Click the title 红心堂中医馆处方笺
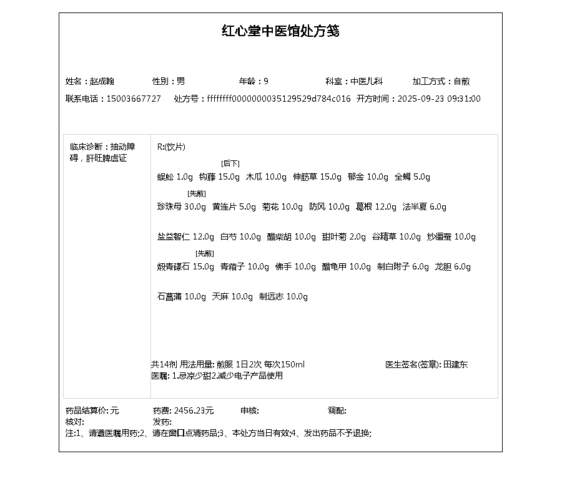280,31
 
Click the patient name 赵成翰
102,81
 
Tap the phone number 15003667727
134,99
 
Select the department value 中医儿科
367,81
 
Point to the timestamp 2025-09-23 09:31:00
439,99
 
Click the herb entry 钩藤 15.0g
219,177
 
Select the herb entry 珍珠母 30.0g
182,206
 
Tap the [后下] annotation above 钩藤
230,163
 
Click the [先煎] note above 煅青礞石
205,253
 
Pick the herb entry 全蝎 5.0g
412,177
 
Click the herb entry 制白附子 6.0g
403,266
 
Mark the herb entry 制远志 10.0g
283,296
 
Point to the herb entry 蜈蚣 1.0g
175,177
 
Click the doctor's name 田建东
455,364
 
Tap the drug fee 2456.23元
194,410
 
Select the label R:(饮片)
171,147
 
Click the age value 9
266,81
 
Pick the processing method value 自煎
461,81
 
